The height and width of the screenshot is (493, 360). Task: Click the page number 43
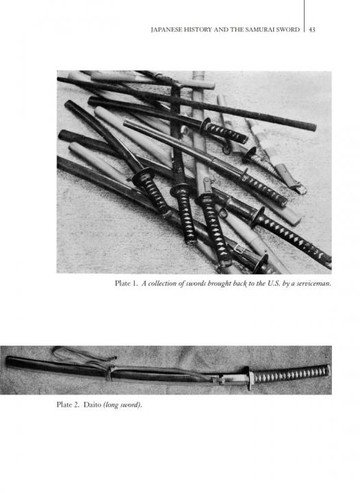312,30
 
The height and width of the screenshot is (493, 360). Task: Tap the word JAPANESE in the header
164,30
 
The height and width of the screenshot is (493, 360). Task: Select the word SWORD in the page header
288,30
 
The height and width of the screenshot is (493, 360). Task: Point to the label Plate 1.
127,283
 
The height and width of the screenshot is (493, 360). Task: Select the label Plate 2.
68,405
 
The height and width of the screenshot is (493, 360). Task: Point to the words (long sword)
123,405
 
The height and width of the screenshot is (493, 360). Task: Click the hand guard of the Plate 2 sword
250,378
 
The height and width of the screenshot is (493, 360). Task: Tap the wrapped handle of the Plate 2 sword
291,374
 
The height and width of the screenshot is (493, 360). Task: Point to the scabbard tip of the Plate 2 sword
8,362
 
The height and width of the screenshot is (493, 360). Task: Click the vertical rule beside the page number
304,16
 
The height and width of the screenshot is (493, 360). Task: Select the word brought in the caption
219,283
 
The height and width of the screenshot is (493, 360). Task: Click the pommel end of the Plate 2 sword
329,370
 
